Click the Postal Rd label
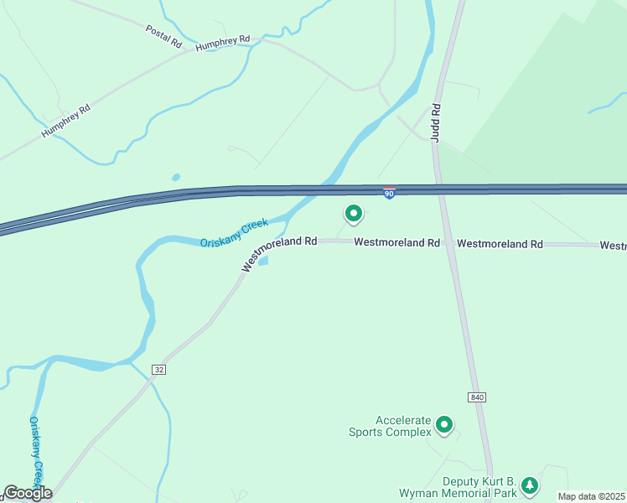[163, 35]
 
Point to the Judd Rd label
[436, 122]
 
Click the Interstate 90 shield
[389, 193]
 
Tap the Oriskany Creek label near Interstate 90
[234, 233]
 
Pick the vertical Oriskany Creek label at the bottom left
[35, 453]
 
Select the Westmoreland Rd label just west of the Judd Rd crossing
[396, 242]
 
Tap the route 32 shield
[158, 370]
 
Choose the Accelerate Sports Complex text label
[391, 427]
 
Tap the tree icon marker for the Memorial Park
[529, 485]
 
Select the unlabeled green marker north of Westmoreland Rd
[353, 215]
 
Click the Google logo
[28, 493]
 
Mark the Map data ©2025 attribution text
[592, 496]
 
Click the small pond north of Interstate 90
[175, 178]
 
